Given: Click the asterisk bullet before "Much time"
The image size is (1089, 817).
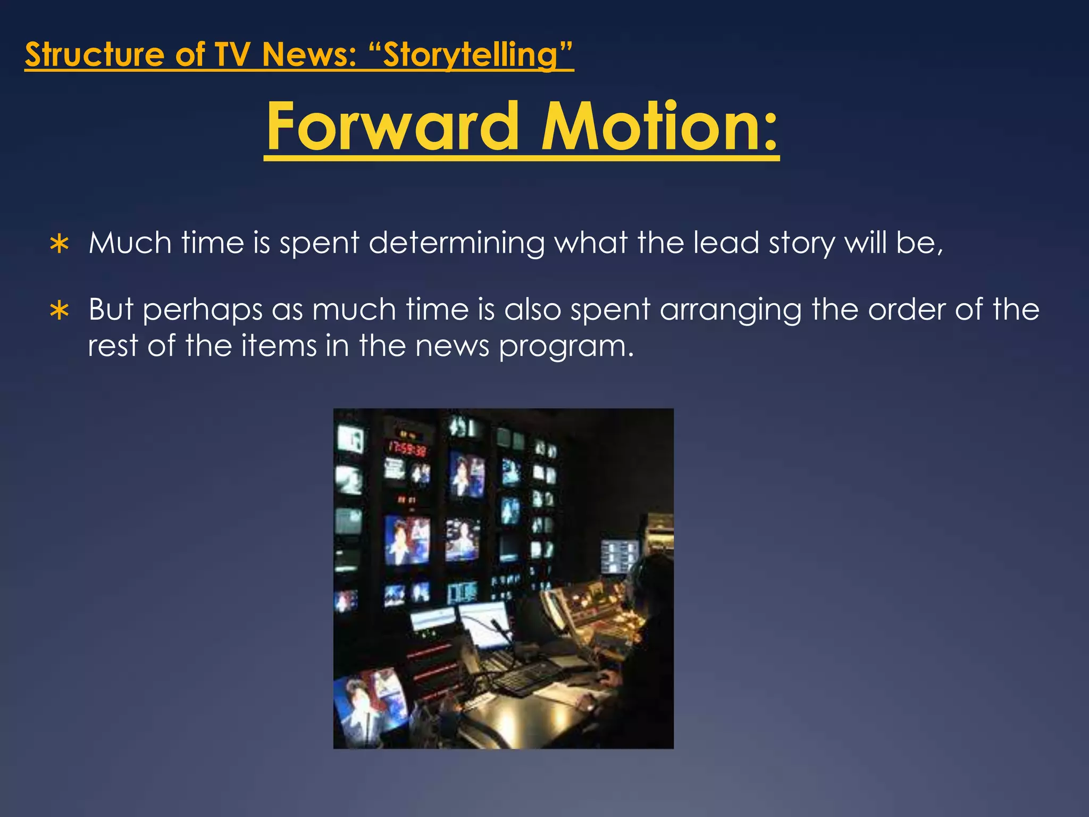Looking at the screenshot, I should tap(59, 245).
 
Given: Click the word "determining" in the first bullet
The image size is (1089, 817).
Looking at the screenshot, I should tap(456, 244).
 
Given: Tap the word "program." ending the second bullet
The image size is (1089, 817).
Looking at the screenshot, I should tap(566, 347).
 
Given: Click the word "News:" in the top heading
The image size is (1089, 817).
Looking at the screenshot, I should tap(309, 55).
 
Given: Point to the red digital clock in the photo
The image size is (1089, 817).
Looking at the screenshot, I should tap(407, 448).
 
